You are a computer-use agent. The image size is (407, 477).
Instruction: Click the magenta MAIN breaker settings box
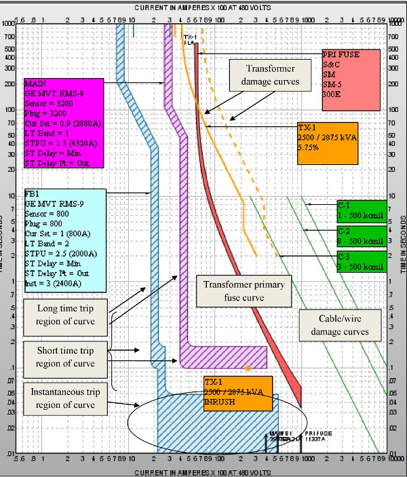tap(63, 123)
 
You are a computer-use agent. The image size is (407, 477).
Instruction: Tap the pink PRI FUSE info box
tap(351, 79)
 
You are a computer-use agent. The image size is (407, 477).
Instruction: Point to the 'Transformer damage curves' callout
tap(263, 75)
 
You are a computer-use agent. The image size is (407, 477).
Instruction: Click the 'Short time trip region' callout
tap(66, 358)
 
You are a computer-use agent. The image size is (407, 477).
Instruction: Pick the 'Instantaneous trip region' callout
tap(66, 398)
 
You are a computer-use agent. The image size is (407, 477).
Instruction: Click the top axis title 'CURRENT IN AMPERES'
tap(203, 7)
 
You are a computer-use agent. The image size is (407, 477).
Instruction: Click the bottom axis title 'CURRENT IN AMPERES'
tap(203, 471)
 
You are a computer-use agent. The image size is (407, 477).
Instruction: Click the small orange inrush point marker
tap(248, 368)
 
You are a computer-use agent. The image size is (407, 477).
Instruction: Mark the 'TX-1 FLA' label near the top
tap(190, 39)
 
